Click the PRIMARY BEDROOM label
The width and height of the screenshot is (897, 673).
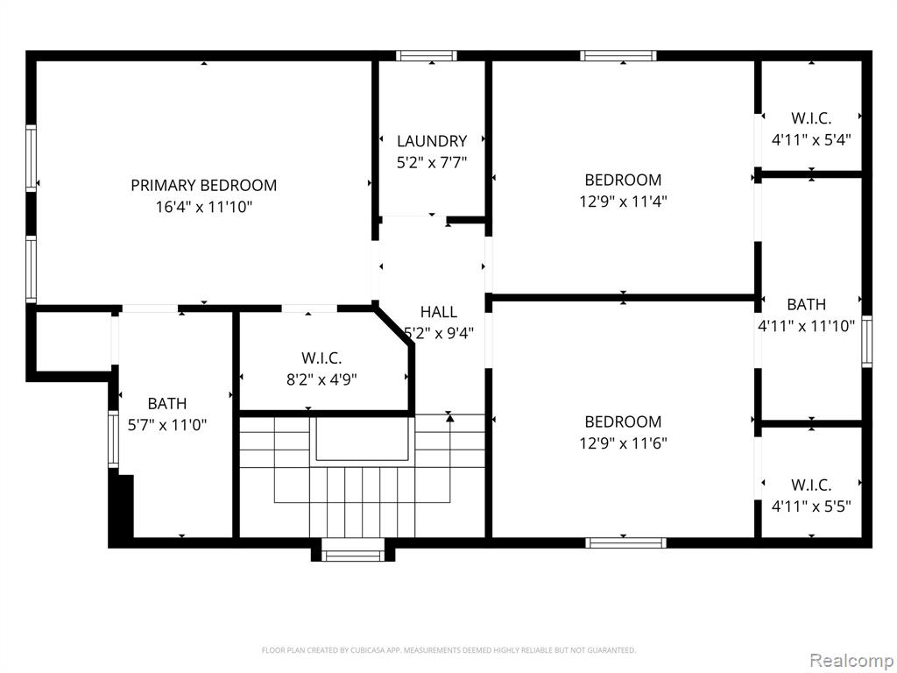pos(203,186)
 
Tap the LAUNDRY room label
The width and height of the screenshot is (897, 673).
pos(432,141)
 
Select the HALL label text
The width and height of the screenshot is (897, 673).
pos(439,312)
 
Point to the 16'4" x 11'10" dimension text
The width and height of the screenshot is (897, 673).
pos(203,207)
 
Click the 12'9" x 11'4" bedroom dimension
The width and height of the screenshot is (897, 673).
pos(623,202)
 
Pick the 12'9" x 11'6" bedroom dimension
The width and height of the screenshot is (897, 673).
pos(623,443)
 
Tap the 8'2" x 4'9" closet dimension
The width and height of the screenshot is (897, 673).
pos(321,380)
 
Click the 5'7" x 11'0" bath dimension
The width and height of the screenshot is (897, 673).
pos(167,425)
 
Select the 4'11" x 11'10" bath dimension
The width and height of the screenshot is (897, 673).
pos(806,326)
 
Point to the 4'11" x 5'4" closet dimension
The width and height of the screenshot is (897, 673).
pos(811,139)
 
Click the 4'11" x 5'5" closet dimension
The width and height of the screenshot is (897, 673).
pos(811,507)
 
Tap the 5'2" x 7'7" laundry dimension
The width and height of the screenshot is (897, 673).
pos(432,162)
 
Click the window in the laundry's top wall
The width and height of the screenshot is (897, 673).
pos(427,55)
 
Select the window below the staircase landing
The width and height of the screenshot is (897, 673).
pos(353,554)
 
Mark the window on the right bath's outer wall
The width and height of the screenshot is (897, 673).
pos(867,341)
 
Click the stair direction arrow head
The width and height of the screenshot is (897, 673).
pos(449,418)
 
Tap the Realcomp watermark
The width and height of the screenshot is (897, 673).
pos(851,660)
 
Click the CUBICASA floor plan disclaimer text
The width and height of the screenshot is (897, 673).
pos(448,650)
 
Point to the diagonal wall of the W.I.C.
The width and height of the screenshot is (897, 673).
pos(393,326)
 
